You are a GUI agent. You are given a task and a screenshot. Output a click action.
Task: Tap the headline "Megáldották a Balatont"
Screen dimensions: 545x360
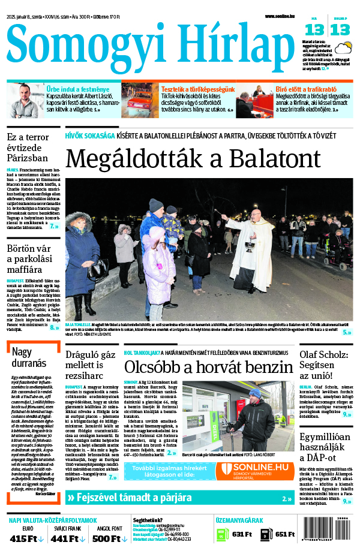pos(193,158)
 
